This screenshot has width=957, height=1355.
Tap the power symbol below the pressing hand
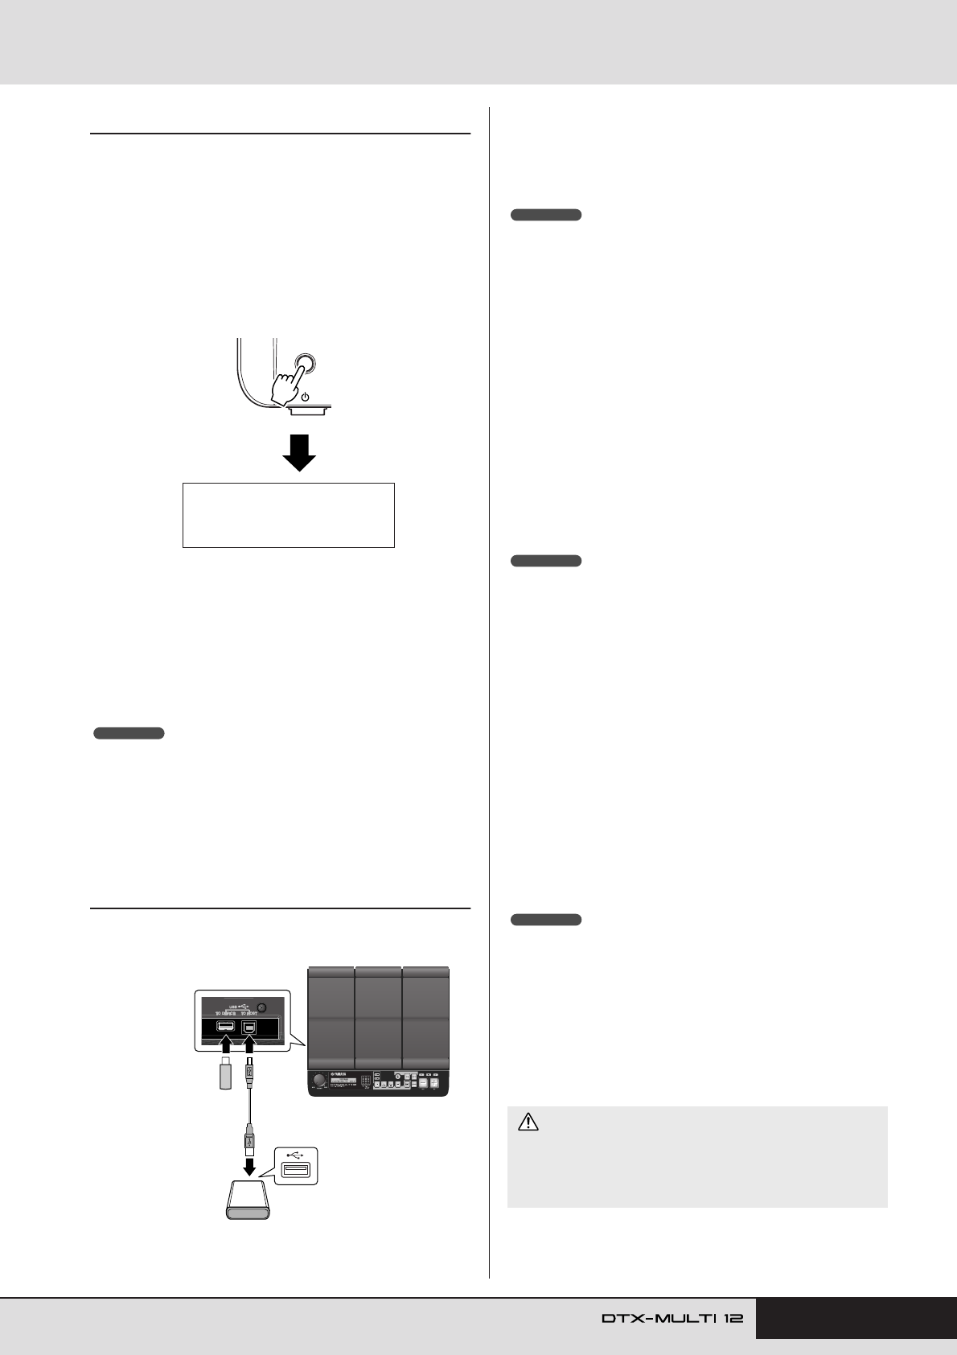[306, 397]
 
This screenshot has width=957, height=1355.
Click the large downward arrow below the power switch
[298, 452]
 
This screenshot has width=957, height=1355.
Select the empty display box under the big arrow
[288, 515]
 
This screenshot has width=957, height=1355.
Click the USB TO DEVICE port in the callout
[225, 1028]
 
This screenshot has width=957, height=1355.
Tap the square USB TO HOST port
[249, 1028]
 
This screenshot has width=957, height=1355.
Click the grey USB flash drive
[226, 1075]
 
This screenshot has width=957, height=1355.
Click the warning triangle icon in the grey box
[528, 1122]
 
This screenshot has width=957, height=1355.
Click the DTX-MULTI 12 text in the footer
[672, 1318]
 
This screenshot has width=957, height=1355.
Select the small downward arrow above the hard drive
[250, 1166]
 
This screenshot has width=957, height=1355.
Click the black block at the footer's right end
[856, 1318]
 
